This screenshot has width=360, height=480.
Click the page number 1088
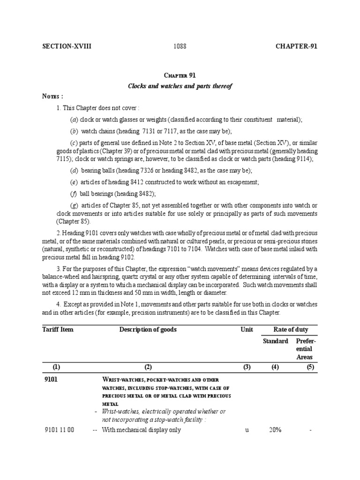(180, 46)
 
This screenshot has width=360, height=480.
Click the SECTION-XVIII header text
(67, 46)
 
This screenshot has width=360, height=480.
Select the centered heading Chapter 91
(180, 75)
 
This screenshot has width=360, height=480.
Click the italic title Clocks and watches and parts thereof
(180, 86)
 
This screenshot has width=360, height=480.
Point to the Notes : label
(53, 97)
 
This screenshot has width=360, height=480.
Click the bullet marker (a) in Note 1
(74, 120)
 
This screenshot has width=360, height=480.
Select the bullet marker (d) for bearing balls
(74, 170)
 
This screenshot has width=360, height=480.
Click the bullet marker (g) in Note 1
(74, 205)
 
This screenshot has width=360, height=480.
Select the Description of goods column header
(148, 330)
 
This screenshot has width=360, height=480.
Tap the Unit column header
(247, 330)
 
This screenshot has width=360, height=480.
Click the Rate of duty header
(291, 330)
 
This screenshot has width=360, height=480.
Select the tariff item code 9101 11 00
(60, 430)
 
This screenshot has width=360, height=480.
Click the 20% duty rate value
(275, 430)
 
